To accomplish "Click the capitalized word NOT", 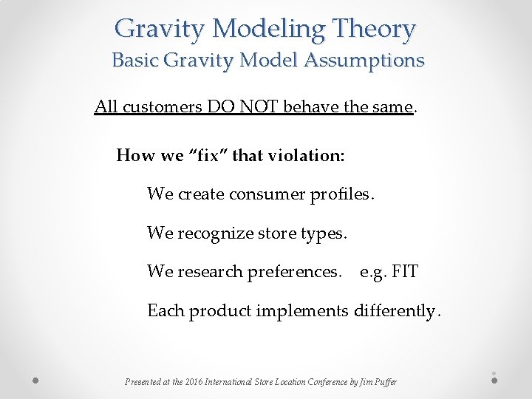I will tap(262, 107).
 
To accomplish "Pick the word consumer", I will tap(260, 194).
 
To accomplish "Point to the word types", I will tap(323, 233).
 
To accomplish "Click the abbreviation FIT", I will tap(405, 272).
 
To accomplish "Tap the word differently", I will tap(396, 311).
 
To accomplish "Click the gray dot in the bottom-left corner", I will tap(35, 381).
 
